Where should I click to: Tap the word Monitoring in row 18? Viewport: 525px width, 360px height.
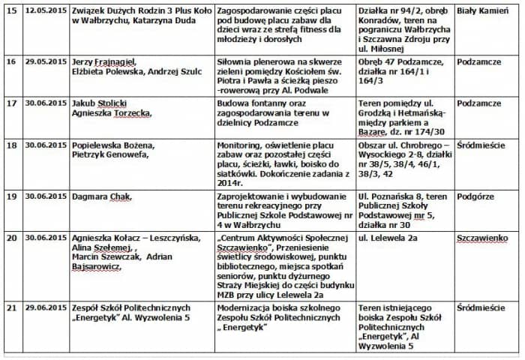[241, 144]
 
